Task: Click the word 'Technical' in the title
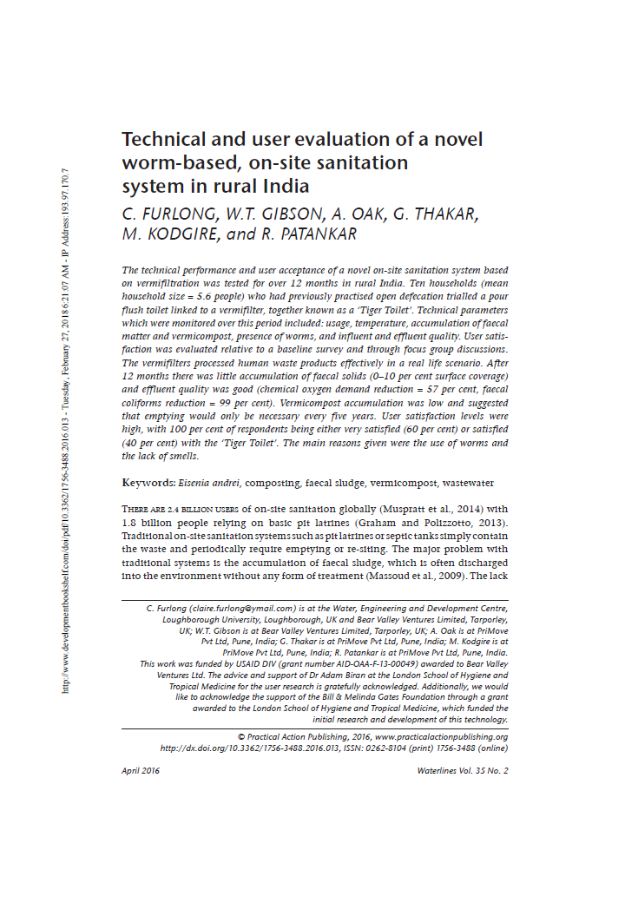[x=163, y=140]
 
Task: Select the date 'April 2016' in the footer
[x=141, y=771]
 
